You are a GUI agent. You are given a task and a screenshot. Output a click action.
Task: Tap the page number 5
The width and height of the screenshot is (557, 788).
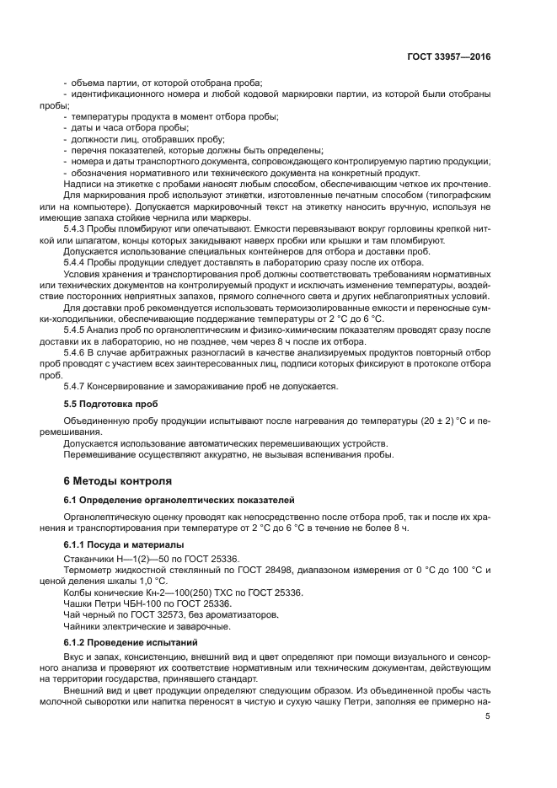[x=488, y=716]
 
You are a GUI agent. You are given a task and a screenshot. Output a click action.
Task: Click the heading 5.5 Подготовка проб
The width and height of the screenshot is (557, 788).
[x=105, y=404]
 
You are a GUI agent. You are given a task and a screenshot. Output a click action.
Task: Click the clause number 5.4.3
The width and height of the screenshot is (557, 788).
[x=76, y=228]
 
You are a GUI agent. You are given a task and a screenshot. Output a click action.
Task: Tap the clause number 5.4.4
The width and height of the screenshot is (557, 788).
[x=76, y=262]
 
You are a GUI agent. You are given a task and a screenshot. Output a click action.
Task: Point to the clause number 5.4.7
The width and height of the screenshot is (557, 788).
[x=76, y=386]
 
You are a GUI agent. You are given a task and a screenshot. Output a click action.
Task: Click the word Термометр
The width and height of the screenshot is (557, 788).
[x=89, y=570]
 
